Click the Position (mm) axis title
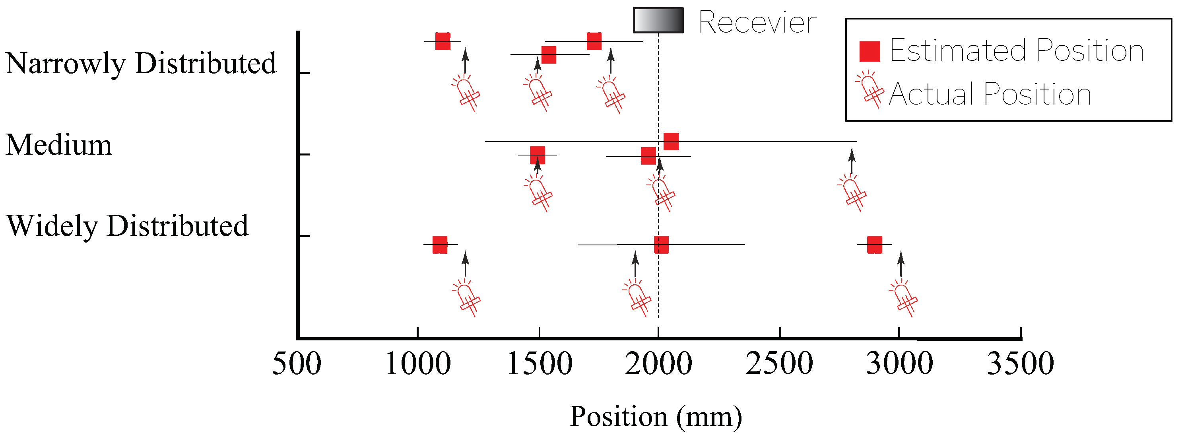656,417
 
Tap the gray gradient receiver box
658,21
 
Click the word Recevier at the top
757,22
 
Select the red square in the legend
870,51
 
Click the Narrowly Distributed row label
141,63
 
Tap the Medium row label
59,145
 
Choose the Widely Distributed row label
127,226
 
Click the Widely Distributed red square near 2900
875,245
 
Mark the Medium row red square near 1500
537,155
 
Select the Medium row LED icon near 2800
852,193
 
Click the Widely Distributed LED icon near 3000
903,298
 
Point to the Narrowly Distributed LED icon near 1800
611,95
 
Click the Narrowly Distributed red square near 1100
443,41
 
